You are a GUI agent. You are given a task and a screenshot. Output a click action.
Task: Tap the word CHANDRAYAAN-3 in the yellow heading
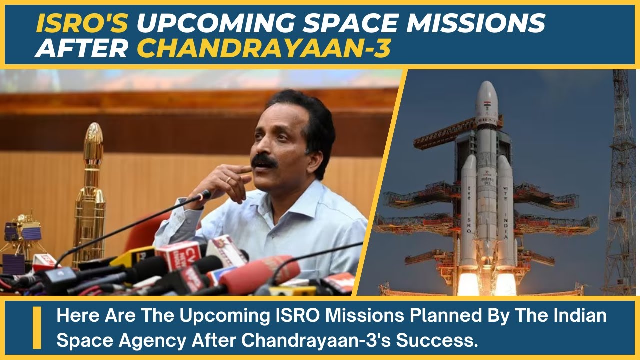click(263, 48)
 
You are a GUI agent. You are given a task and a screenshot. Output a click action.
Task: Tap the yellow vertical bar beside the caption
click(37, 328)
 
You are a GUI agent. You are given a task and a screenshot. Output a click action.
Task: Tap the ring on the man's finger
click(228, 180)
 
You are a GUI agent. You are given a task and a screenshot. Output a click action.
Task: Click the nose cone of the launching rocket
click(486, 95)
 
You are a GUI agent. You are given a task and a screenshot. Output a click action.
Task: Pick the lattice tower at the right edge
click(623, 190)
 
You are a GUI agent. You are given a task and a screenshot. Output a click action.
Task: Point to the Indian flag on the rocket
click(486, 105)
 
